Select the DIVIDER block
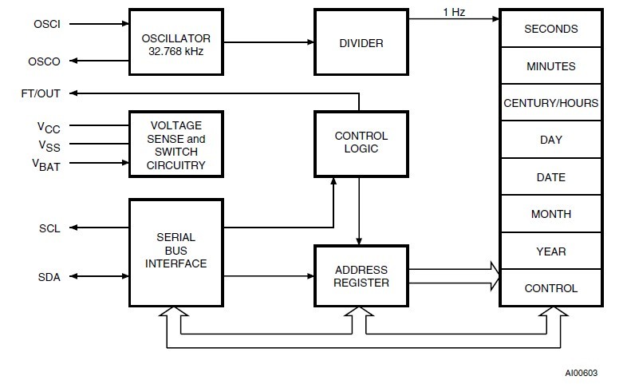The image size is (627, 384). (361, 42)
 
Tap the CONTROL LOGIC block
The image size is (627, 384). (361, 142)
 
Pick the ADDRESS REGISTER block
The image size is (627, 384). (361, 276)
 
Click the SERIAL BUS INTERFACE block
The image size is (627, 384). (176, 251)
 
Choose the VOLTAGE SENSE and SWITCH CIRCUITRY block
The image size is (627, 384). (176, 145)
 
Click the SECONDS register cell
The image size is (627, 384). (550, 29)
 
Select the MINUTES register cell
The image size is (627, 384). (550, 66)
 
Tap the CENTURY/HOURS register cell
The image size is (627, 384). (550, 103)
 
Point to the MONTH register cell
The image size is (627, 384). (550, 214)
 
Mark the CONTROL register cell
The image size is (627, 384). (550, 288)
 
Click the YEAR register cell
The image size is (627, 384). (550, 251)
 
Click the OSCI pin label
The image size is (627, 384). (46, 23)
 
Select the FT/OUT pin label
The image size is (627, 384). (41, 93)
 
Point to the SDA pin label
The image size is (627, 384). (47, 277)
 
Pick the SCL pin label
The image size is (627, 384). (47, 228)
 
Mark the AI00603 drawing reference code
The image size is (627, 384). (581, 373)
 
